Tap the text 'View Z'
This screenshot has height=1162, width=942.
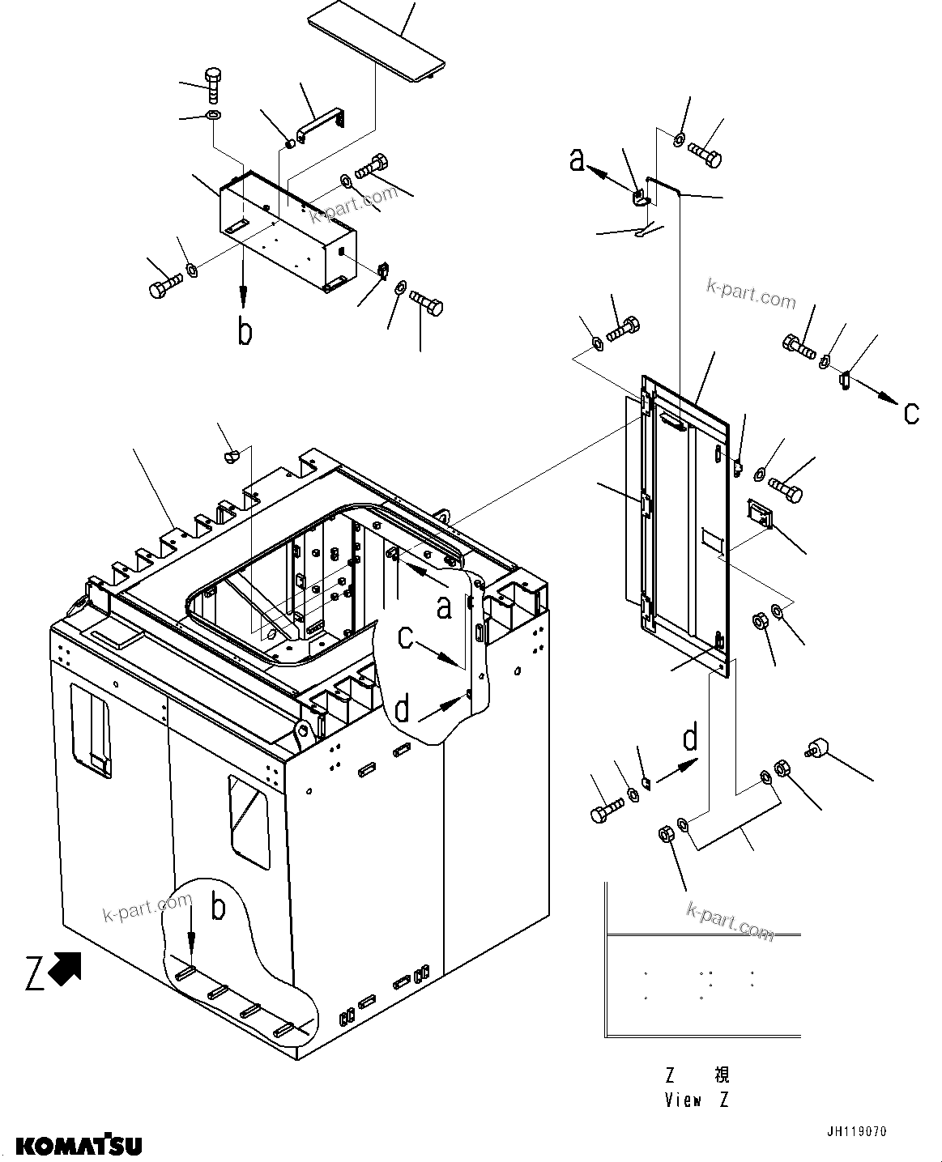[697, 1100]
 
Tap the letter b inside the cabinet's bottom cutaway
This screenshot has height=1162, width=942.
[218, 909]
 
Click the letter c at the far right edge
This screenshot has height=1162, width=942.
[911, 413]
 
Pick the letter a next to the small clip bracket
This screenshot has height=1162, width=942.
[578, 160]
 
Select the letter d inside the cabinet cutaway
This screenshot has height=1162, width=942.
[403, 710]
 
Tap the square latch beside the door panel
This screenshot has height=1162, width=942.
[760, 513]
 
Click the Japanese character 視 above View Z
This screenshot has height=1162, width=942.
[721, 1075]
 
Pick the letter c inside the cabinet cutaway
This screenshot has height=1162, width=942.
[407, 640]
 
